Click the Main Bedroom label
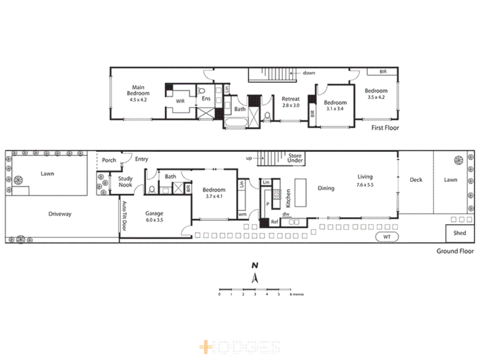(x=138, y=93)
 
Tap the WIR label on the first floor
(x=180, y=101)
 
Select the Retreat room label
(x=291, y=102)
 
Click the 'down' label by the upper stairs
(x=309, y=73)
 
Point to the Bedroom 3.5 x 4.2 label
(x=376, y=94)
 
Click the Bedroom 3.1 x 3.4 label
(x=335, y=105)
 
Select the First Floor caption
(x=385, y=128)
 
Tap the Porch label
(x=109, y=160)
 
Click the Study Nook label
(x=125, y=182)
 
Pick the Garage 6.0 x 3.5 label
(x=154, y=216)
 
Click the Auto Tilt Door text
(x=124, y=216)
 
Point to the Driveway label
(x=60, y=214)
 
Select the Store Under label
(x=295, y=158)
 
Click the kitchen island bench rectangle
(x=300, y=193)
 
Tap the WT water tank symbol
(x=387, y=237)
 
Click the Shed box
(x=460, y=233)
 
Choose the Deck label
(x=416, y=180)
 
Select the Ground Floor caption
(x=455, y=251)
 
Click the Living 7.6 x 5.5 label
(x=365, y=180)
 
